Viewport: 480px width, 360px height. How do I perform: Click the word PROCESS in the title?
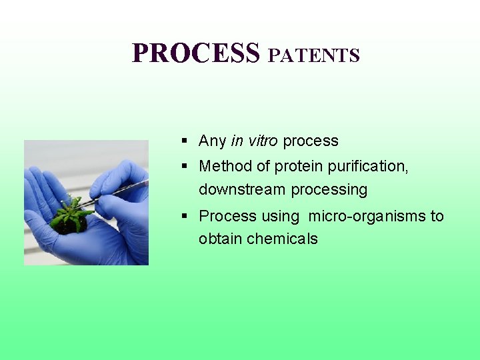click(195, 53)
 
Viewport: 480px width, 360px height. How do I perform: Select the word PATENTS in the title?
click(313, 55)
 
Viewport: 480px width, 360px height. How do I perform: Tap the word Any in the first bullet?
click(212, 141)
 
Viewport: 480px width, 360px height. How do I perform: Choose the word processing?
click(328, 190)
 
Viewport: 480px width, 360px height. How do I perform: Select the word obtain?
click(220, 239)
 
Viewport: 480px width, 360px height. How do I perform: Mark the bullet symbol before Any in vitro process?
click(183, 141)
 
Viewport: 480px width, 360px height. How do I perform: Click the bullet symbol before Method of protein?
click(183, 166)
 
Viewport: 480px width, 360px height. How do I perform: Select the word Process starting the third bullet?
click(227, 217)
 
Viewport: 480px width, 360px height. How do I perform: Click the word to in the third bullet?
click(437, 217)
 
